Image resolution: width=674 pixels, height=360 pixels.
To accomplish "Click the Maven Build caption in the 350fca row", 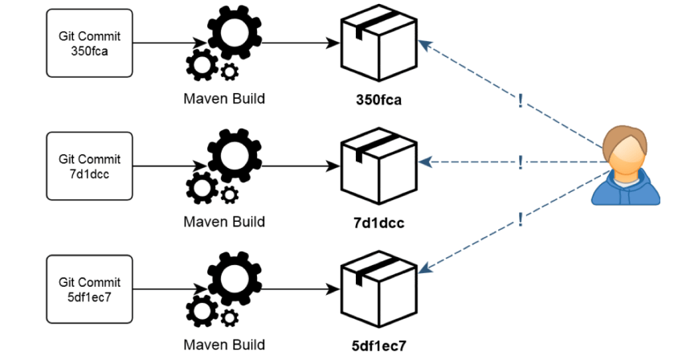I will [223, 100].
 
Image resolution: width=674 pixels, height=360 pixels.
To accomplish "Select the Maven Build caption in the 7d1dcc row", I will [223, 222].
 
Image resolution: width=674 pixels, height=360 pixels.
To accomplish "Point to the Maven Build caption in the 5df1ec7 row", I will [223, 345].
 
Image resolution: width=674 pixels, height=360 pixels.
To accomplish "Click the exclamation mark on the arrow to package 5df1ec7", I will [521, 218].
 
